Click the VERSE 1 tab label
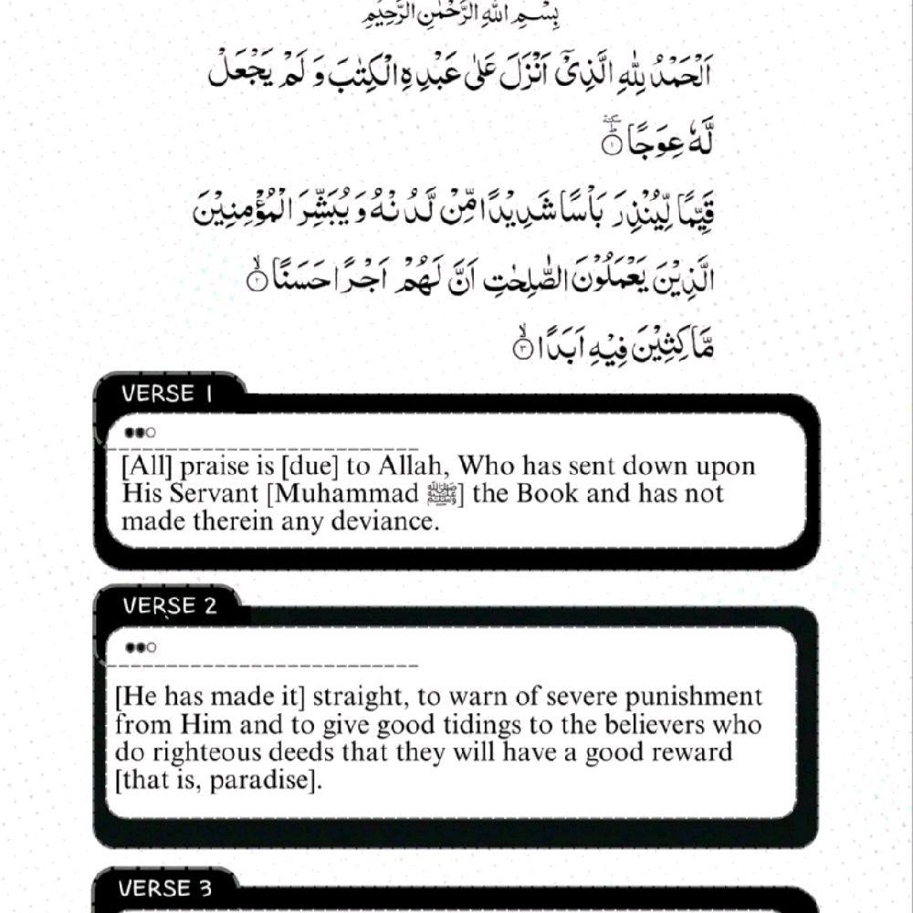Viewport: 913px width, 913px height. pos(159,394)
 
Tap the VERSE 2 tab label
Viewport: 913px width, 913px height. pos(171,605)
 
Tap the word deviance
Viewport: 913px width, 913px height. pos(382,522)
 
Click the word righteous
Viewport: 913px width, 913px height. pos(208,753)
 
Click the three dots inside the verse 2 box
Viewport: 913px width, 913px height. pos(142,647)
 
